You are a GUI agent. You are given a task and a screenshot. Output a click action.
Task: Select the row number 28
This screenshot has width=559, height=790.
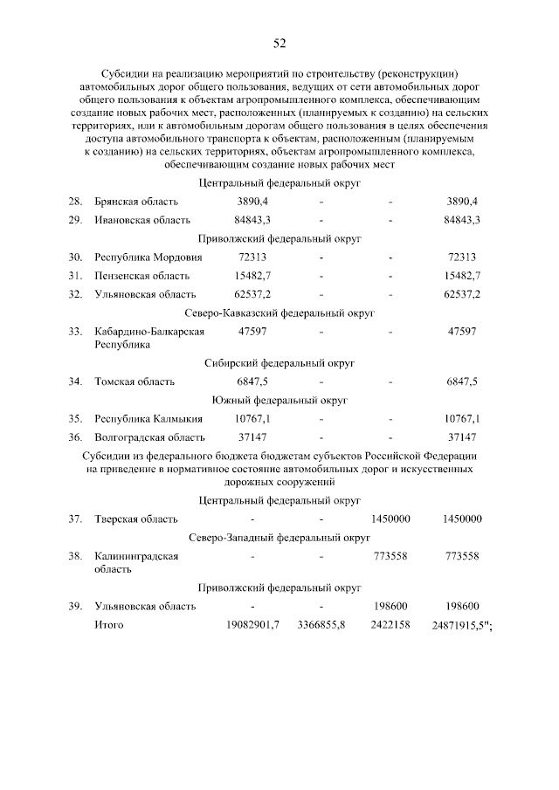tap(75, 202)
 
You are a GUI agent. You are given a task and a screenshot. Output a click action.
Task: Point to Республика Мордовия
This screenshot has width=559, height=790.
tap(148, 258)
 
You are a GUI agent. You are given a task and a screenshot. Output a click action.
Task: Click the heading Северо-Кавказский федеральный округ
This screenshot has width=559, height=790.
tap(279, 312)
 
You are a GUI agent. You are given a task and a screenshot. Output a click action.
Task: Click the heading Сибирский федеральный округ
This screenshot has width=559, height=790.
tap(279, 362)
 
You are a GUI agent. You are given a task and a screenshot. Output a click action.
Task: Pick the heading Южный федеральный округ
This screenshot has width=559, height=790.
tap(279, 400)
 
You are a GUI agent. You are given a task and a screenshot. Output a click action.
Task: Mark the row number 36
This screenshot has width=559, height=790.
tap(75, 437)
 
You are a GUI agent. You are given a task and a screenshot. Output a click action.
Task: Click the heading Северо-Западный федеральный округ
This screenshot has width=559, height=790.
tap(279, 538)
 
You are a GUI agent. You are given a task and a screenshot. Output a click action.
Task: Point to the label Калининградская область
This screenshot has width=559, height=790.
tap(136, 562)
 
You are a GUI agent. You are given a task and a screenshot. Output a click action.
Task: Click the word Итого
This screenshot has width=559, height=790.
tap(109, 624)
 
